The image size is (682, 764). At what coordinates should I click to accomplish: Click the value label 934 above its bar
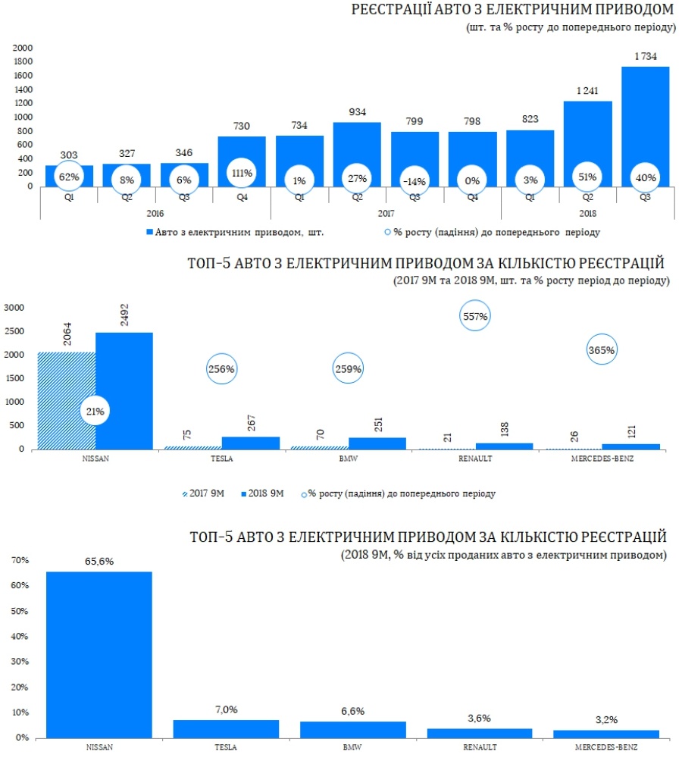pyautogui.click(x=357, y=112)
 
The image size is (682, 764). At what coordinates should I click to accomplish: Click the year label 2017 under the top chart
pyautogui.click(x=386, y=214)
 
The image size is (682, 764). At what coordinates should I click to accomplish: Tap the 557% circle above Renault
pyautogui.click(x=475, y=317)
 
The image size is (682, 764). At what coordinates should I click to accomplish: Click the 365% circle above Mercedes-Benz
pyautogui.click(x=602, y=350)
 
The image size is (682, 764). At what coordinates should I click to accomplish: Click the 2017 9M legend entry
pyautogui.click(x=205, y=493)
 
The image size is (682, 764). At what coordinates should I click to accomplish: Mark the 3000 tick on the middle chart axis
pyautogui.click(x=15, y=308)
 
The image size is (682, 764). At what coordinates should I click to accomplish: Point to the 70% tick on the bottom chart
pyautogui.click(x=19, y=560)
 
